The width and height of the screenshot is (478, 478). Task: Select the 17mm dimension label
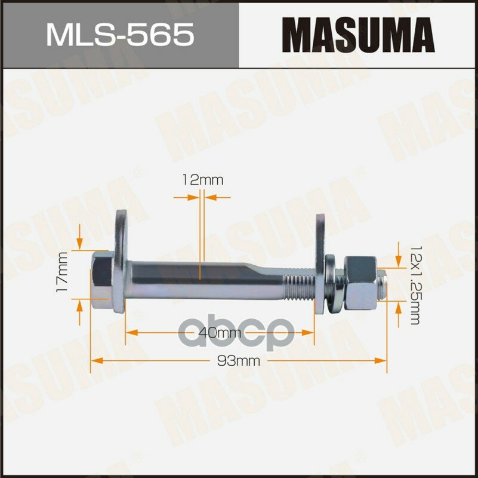click(62, 272)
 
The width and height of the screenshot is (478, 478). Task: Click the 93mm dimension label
click(238, 361)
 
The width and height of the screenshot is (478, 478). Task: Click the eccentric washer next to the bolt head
click(120, 262)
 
